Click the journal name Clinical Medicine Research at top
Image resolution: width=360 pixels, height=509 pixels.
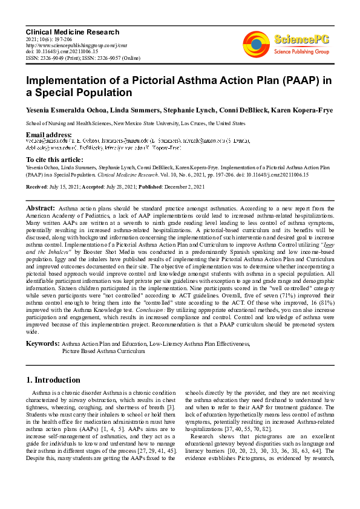(72, 32)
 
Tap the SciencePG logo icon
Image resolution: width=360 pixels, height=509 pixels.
(256, 43)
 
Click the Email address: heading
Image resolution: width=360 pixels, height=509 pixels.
(49, 134)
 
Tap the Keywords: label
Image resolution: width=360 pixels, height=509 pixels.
(42, 343)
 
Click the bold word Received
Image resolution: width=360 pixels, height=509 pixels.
(37, 187)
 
